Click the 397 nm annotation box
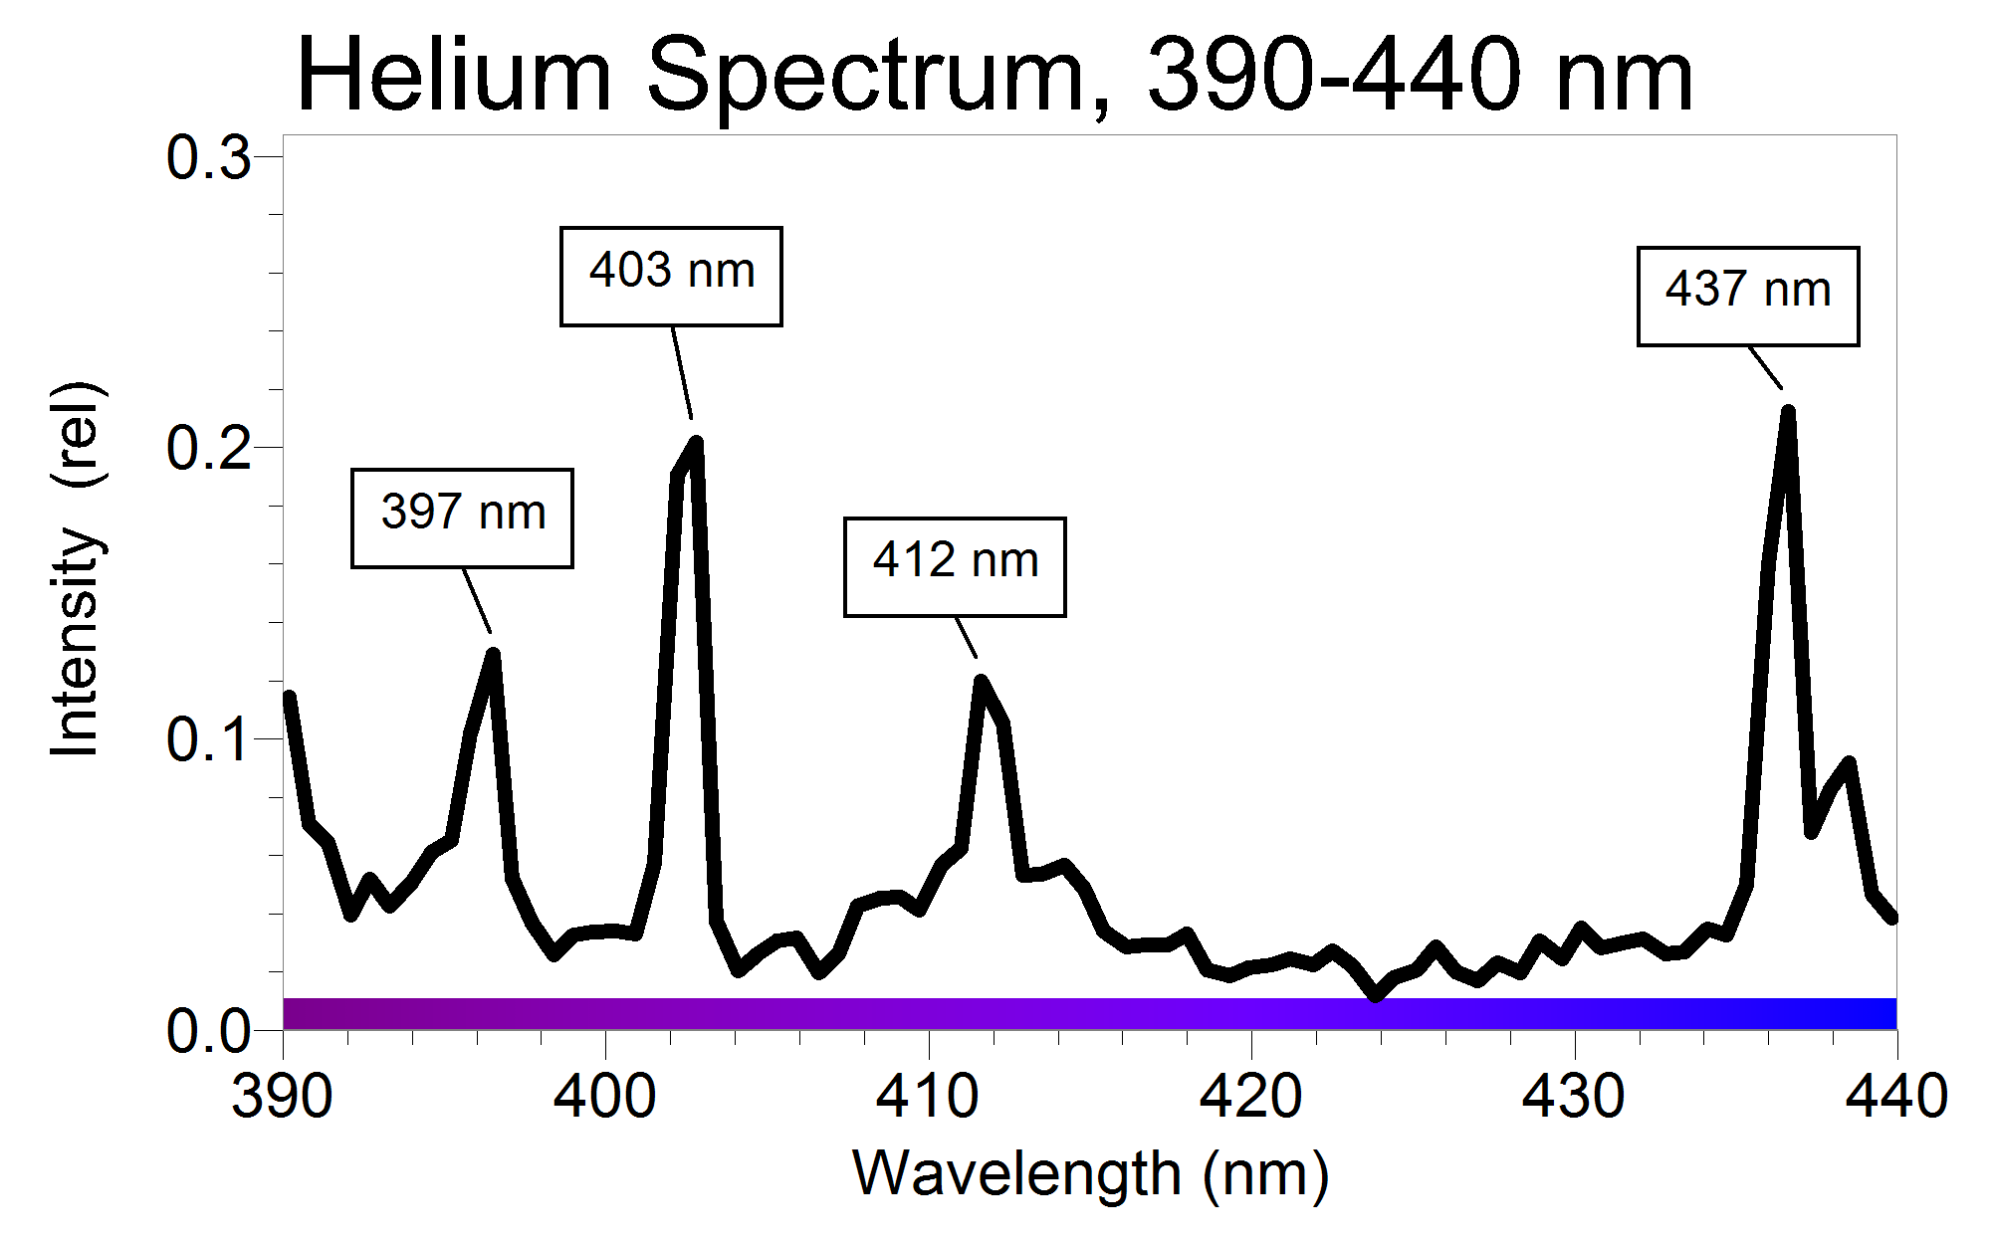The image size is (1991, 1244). (462, 518)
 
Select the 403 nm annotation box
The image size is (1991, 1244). (671, 277)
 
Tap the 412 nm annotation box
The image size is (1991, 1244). (955, 567)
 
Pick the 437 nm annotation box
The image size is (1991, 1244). (1748, 297)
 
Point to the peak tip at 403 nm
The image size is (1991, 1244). (696, 444)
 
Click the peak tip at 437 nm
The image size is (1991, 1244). (1788, 412)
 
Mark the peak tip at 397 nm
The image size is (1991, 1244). (492, 655)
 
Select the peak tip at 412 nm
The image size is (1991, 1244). (982, 682)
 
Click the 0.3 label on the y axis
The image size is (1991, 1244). (208, 158)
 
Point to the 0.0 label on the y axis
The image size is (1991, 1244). (208, 1031)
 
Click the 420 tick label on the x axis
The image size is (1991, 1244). (1250, 1097)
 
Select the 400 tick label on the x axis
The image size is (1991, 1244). (604, 1097)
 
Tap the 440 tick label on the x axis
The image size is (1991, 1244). (1895, 1097)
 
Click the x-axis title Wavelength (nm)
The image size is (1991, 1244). (1090, 1174)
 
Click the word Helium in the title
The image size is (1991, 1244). (454, 76)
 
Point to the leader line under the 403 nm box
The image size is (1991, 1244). (682, 373)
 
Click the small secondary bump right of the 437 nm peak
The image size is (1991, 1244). (1849, 764)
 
